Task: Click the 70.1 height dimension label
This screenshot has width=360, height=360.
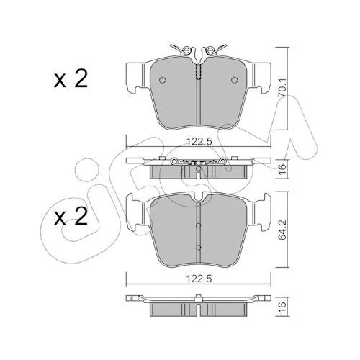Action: [x=283, y=88]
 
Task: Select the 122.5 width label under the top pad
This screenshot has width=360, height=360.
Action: [x=199, y=142]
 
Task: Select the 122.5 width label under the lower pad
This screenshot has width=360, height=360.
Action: [x=199, y=279]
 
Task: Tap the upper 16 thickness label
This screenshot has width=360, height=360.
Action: [x=283, y=166]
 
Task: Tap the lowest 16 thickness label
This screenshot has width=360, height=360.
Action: [x=283, y=305]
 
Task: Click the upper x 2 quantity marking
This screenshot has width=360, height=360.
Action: [x=71, y=78]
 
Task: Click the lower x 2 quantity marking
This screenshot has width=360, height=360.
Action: [x=71, y=217]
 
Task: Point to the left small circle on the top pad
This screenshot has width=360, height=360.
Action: [x=163, y=80]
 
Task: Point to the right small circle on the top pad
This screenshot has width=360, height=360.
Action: [x=234, y=80]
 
